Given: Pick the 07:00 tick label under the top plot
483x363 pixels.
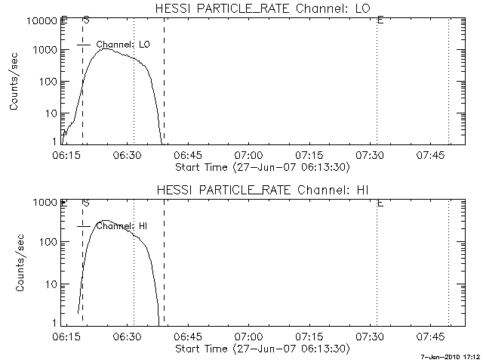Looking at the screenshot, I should pyautogui.click(x=248, y=155).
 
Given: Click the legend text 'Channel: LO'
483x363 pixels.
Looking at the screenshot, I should pyautogui.click(x=123, y=45).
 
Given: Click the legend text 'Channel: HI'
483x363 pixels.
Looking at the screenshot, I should pyautogui.click(x=123, y=226).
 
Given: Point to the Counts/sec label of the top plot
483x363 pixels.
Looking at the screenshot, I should pyautogui.click(x=14, y=81).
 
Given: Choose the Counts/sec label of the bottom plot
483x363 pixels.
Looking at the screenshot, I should pyautogui.click(x=14, y=262).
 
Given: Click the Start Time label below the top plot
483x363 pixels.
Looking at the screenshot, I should pyautogui.click(x=260, y=167).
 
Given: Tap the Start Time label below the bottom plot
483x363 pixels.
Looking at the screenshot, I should pyautogui.click(x=260, y=349).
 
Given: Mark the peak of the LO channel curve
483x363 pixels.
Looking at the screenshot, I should pyautogui.click(x=106, y=48).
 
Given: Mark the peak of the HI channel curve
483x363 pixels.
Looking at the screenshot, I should pyautogui.click(x=106, y=221).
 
